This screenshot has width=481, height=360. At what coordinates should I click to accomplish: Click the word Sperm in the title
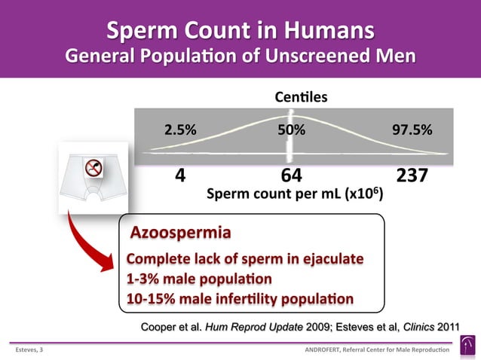pyautogui.click(x=141, y=31)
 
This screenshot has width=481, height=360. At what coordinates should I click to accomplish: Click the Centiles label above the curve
pyautogui.click(x=301, y=97)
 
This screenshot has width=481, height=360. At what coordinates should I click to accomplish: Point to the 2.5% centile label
pyautogui.click(x=181, y=129)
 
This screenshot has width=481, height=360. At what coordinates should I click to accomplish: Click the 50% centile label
pyautogui.click(x=292, y=129)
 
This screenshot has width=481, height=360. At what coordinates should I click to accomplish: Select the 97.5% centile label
pyautogui.click(x=412, y=129)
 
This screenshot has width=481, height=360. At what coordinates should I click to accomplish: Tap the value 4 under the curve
pyautogui.click(x=180, y=175)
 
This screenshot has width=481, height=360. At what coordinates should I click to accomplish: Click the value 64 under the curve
pyautogui.click(x=291, y=175)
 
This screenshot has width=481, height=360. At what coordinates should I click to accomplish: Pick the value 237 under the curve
pyautogui.click(x=412, y=175)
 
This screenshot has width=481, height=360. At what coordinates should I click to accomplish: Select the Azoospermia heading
pyautogui.click(x=181, y=230)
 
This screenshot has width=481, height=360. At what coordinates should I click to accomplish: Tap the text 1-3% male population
pyautogui.click(x=199, y=279)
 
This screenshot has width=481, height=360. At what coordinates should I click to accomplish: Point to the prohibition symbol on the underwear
pyautogui.click(x=93, y=169)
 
